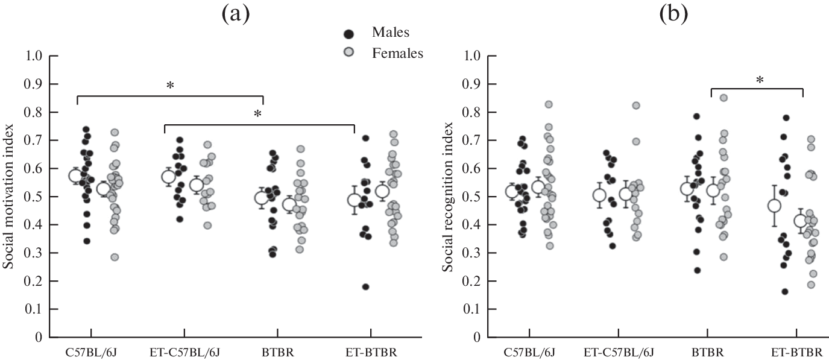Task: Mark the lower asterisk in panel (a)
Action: point(259,115)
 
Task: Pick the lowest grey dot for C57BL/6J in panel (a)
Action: point(115,257)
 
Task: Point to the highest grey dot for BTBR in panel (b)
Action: point(723,98)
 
